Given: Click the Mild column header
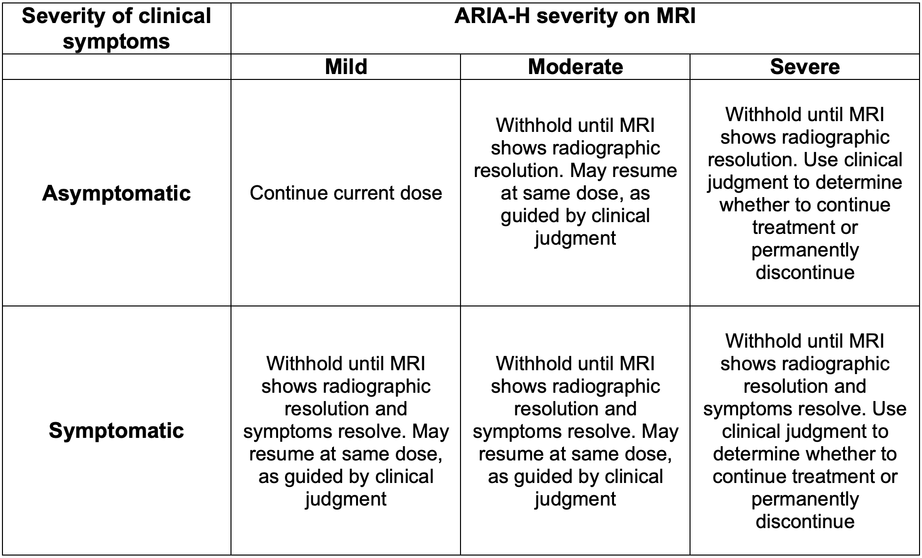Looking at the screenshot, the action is click(x=346, y=67).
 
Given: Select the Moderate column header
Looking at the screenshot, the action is click(x=575, y=67).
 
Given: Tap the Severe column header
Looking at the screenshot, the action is click(x=805, y=67).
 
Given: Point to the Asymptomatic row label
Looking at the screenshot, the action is click(x=116, y=193).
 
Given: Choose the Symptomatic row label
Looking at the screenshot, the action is click(x=116, y=431).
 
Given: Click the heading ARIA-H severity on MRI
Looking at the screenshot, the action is click(x=575, y=17).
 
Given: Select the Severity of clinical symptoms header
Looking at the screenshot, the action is click(x=116, y=28).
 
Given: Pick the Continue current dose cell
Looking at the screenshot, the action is click(x=346, y=193).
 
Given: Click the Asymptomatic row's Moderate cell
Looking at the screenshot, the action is click(x=575, y=182).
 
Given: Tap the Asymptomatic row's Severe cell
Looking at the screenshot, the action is click(x=805, y=193).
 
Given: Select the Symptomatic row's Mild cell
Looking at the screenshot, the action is click(x=346, y=431).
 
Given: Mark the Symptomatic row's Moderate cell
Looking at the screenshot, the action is click(x=575, y=431).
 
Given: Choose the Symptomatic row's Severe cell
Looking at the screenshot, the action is click(x=805, y=431).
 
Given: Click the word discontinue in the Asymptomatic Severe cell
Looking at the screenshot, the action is click(x=805, y=273).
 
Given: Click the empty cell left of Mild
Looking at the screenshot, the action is click(x=116, y=67).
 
